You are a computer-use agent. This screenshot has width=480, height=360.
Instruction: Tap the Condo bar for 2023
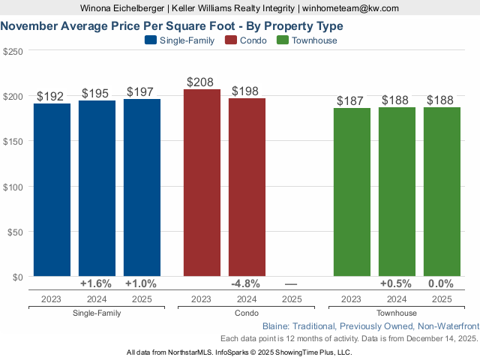(x=202, y=184)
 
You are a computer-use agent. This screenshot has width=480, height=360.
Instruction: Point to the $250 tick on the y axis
(x=13, y=51)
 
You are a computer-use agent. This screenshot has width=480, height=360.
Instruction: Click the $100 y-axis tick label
(x=13, y=186)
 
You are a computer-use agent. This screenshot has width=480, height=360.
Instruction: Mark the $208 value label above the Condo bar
(x=201, y=81)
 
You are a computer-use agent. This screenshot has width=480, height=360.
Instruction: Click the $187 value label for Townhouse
(x=351, y=100)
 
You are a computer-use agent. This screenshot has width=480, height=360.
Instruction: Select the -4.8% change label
(x=246, y=284)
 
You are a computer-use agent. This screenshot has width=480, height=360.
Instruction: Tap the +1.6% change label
(x=96, y=284)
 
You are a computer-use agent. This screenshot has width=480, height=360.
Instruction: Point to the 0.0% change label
(x=441, y=284)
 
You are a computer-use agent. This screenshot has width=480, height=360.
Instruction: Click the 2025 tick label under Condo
(x=292, y=299)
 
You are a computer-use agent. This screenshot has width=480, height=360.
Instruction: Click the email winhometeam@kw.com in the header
(x=350, y=8)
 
